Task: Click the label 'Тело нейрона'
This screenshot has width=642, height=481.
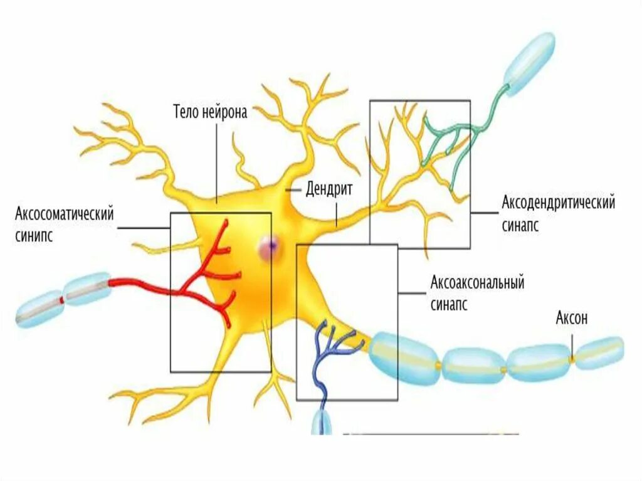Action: tap(210, 112)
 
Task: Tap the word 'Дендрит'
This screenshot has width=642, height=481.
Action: tap(330, 188)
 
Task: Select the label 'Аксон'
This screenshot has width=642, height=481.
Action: tap(571, 318)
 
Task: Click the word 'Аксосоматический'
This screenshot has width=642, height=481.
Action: tap(65, 214)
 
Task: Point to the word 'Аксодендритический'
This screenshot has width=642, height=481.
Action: tap(558, 203)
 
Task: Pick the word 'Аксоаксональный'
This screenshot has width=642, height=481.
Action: tap(477, 282)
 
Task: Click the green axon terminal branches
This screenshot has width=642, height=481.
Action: tap(451, 135)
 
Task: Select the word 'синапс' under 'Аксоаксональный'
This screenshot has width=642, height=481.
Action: tap(449, 305)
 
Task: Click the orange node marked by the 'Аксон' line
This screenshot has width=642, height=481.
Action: tap(572, 359)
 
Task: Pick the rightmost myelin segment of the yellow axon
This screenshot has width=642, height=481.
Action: tap(599, 352)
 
